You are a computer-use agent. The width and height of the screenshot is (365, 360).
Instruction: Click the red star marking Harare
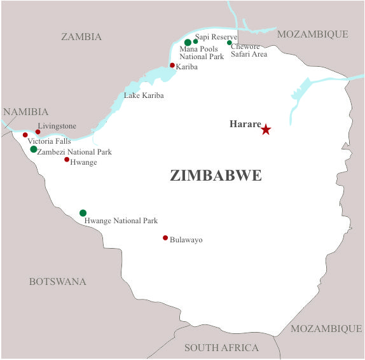tap(266, 130)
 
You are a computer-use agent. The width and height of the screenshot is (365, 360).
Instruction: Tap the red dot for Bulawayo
tap(165, 238)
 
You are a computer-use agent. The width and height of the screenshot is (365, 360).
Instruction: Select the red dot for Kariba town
tap(172, 65)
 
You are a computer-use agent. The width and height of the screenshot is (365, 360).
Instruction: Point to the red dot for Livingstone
tap(38, 132)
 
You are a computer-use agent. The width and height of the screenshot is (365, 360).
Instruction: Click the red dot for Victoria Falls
tap(25, 135)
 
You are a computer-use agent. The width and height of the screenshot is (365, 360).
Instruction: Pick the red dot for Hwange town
tap(67, 160)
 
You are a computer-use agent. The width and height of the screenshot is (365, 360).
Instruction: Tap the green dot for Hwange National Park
tap(83, 213)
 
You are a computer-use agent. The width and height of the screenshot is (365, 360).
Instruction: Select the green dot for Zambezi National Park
tap(34, 149)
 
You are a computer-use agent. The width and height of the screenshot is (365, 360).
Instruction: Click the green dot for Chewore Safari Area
tap(230, 43)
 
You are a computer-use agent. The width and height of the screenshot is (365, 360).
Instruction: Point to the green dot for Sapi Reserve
tap(196, 42)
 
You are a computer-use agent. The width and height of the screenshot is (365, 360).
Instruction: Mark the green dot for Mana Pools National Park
tap(188, 43)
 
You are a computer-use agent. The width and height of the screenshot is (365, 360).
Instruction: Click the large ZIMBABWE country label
tap(216, 176)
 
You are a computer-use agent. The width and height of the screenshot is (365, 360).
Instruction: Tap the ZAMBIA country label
tap(81, 37)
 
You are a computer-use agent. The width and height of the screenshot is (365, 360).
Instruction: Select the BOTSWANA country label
tap(57, 282)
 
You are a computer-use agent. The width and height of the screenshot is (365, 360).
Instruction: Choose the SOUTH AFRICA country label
tap(221, 348)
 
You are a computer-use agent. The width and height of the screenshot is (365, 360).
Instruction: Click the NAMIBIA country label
tap(25, 112)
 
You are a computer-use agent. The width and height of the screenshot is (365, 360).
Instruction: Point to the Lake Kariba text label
tap(144, 95)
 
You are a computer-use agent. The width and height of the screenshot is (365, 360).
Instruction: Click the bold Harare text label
tap(245, 124)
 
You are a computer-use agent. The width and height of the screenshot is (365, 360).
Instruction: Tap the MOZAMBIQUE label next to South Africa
tap(326, 329)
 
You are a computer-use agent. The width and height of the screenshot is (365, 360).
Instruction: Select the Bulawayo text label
tap(186, 240)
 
